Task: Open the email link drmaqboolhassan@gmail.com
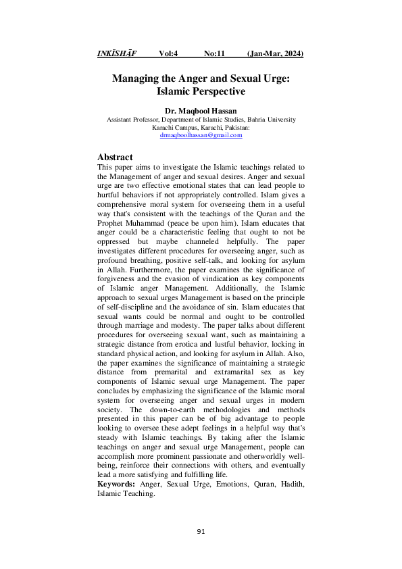[201, 135]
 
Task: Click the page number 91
[201, 532]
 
